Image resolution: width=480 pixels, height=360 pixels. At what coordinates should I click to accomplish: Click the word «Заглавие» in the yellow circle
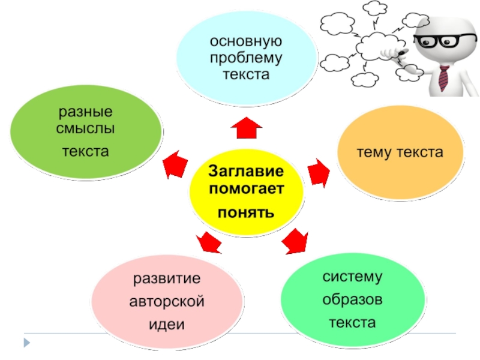point(245,172)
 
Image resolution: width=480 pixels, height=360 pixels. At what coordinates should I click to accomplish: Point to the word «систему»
point(352,277)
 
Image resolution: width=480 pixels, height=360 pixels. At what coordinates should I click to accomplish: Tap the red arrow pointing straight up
point(247,128)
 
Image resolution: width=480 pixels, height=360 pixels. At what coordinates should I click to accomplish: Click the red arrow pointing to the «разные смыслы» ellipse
point(175,166)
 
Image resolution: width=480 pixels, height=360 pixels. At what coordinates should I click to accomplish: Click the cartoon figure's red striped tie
point(443,77)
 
